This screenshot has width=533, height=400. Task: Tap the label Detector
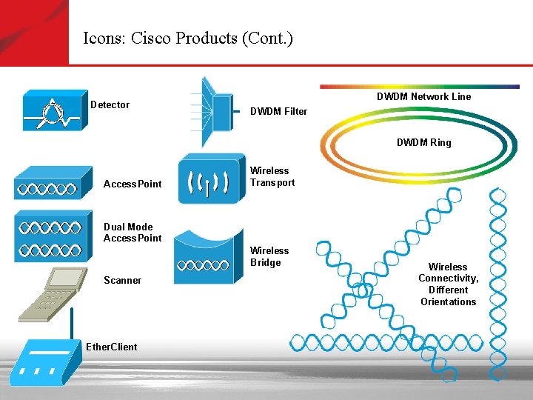tap(110, 104)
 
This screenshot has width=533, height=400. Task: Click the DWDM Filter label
tap(278, 112)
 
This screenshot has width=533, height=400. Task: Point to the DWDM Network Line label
tap(423, 96)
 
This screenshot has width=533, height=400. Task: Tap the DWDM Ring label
tap(423, 142)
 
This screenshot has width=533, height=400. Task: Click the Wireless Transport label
tap(272, 176)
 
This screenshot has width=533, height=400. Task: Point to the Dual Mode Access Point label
tap(133, 233)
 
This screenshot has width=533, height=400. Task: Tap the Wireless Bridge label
tap(269, 256)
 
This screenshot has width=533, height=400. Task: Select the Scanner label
tap(122, 280)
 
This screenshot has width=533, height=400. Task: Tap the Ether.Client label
tap(111, 346)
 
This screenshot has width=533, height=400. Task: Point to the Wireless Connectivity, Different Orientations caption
tap(448, 284)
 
